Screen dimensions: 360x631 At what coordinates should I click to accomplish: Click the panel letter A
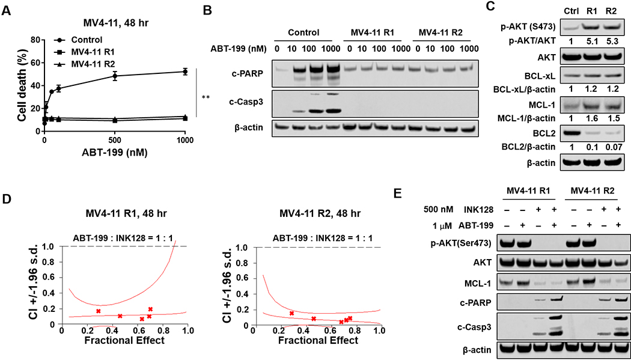(5, 8)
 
